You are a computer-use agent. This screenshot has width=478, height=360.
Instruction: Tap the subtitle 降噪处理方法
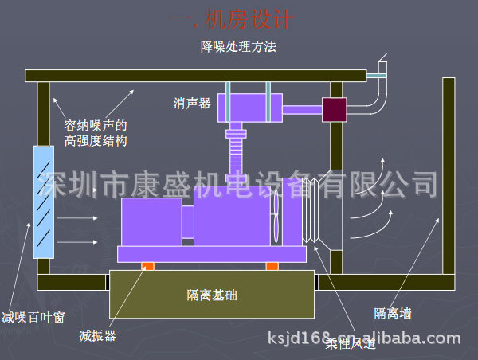point(238,47)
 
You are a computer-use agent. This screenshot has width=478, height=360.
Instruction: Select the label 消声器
point(192,103)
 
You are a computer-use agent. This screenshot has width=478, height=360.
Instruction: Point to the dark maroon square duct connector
point(334,109)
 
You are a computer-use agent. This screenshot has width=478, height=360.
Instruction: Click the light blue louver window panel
point(43,202)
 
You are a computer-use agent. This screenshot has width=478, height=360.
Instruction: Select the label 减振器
point(98,335)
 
